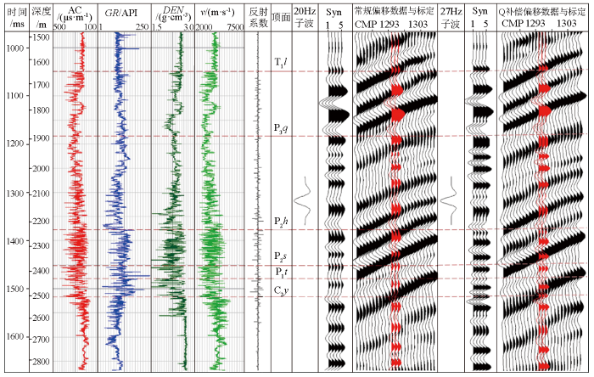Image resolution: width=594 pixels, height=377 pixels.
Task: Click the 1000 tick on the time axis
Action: tap(14, 48)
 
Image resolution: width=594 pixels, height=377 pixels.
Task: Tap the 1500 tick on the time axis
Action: tap(14, 290)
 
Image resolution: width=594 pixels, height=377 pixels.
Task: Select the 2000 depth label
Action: tap(38, 168)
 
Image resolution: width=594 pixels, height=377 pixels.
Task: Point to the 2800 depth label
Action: tap(38, 362)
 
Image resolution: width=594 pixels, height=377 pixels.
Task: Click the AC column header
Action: tap(75, 13)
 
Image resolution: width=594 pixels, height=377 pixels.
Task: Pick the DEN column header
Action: tap(173, 13)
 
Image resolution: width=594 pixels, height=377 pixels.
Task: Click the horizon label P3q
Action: tap(281, 128)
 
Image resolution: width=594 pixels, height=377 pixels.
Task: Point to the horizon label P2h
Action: tap(281, 222)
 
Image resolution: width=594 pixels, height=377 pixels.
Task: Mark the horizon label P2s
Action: tap(281, 256)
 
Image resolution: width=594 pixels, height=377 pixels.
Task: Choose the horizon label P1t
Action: tap(281, 273)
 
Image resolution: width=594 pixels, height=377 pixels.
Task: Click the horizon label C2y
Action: tap(281, 291)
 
